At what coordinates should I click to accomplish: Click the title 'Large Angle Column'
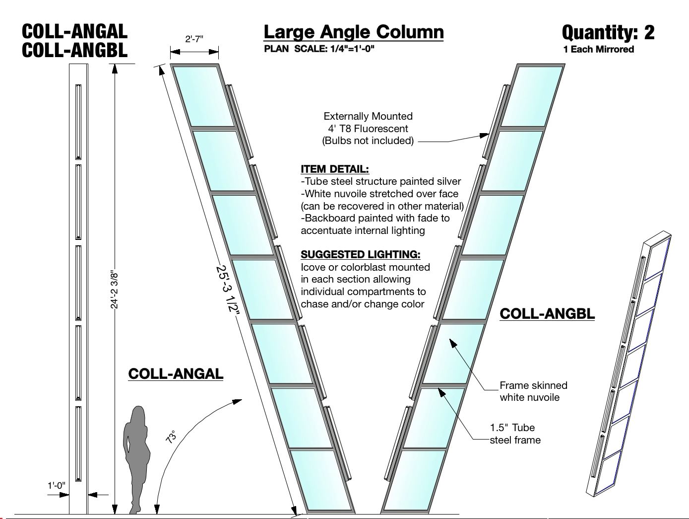click(x=353, y=32)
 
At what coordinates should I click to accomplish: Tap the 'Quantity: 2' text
click(x=608, y=33)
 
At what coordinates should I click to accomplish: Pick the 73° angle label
click(x=171, y=437)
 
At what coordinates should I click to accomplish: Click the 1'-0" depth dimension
click(x=56, y=485)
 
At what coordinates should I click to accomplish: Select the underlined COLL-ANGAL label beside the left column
click(x=176, y=373)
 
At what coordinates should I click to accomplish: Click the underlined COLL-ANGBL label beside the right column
click(x=547, y=314)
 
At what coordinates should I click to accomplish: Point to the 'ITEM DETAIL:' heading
click(x=335, y=169)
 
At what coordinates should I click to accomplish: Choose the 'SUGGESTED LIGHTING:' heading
click(x=361, y=254)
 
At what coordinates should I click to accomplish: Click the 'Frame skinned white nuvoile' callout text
click(x=533, y=391)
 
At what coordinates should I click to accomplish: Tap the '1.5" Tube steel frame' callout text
click(x=515, y=434)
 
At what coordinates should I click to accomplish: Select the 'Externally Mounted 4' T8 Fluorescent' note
click(x=368, y=128)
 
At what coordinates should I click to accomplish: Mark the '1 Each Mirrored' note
click(x=598, y=49)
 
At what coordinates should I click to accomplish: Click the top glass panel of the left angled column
click(x=203, y=95)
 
